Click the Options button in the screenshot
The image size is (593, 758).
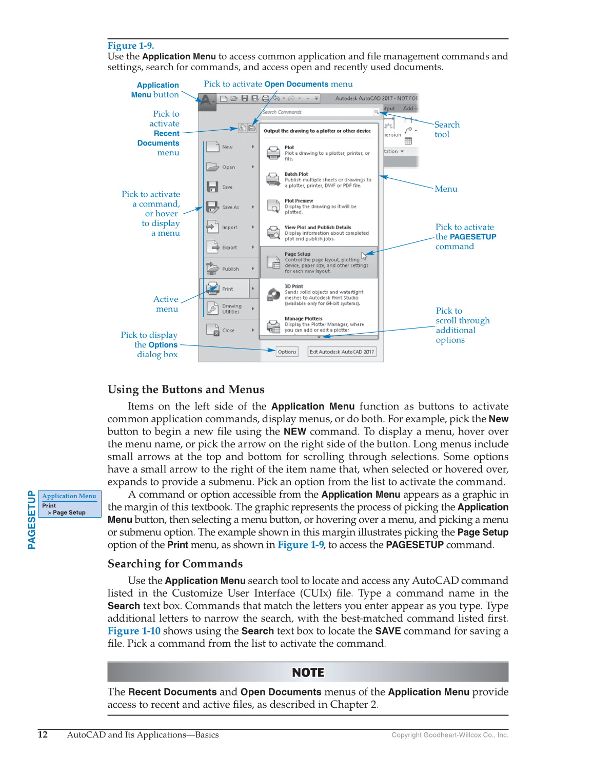click(287, 352)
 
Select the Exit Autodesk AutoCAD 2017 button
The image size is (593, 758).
click(342, 352)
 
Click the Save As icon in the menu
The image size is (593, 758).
click(212, 207)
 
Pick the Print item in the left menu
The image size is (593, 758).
click(227, 289)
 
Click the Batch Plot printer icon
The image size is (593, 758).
click(273, 179)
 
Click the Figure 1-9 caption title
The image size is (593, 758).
click(131, 46)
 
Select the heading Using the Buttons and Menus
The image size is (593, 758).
click(186, 390)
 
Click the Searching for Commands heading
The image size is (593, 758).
click(175, 564)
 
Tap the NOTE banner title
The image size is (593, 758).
click(308, 672)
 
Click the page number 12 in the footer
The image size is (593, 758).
click(43, 734)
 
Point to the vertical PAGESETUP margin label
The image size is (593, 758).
click(32, 520)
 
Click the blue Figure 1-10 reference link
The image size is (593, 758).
click(134, 631)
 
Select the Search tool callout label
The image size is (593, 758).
click(446, 129)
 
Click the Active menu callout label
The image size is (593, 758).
click(166, 304)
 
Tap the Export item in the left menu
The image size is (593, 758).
click(229, 248)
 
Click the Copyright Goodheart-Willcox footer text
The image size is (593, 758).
click(449, 735)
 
